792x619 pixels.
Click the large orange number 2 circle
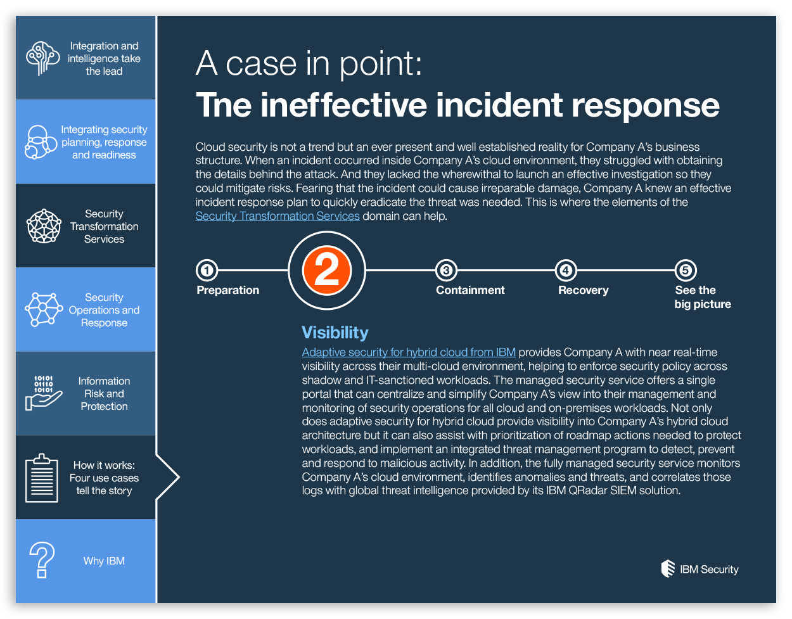point(327,271)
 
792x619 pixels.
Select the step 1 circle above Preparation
point(207,271)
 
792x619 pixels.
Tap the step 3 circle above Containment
point(446,271)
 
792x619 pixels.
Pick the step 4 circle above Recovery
point(565,271)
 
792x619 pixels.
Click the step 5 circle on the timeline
point(685,271)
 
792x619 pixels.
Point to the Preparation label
point(228,290)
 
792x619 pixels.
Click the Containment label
point(470,290)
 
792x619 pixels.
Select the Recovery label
point(583,290)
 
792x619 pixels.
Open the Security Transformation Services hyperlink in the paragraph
point(278,216)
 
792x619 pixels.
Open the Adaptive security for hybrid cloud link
point(409,352)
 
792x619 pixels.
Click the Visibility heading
point(335,333)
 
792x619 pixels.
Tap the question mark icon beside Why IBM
point(42,560)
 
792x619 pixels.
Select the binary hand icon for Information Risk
point(43,393)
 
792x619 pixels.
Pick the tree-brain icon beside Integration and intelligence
point(42,58)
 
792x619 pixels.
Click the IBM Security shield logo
point(668,569)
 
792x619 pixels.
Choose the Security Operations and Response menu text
point(104,310)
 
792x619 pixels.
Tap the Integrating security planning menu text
point(104,142)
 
